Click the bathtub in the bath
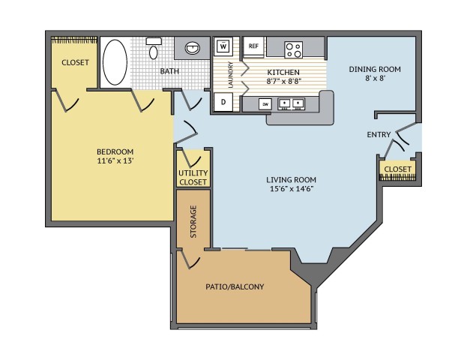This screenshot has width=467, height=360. [x=115, y=62]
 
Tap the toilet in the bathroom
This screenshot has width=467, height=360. [x=154, y=48]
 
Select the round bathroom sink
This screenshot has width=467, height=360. [x=193, y=48]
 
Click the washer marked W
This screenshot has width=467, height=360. [x=223, y=46]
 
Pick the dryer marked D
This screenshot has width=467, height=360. [x=223, y=102]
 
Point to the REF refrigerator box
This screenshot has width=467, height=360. [x=253, y=46]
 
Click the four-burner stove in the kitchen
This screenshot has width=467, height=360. [x=293, y=49]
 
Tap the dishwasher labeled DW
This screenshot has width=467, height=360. [x=265, y=104]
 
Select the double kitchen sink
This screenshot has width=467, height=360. [x=291, y=103]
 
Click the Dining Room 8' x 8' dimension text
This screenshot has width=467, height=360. [x=376, y=79]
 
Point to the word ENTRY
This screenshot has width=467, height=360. [x=379, y=135]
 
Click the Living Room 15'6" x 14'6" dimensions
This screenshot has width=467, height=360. [x=292, y=189]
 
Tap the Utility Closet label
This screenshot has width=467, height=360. [x=193, y=178]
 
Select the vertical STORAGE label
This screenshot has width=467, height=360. [x=193, y=221]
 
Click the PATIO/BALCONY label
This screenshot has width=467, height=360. [x=235, y=286]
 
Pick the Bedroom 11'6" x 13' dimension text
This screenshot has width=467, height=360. [x=115, y=161]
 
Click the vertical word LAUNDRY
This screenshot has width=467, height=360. [x=230, y=75]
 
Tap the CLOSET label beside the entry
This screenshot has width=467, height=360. [x=397, y=169]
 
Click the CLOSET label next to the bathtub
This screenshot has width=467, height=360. [x=75, y=62]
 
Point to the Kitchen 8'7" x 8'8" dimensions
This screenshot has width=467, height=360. [x=283, y=81]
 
